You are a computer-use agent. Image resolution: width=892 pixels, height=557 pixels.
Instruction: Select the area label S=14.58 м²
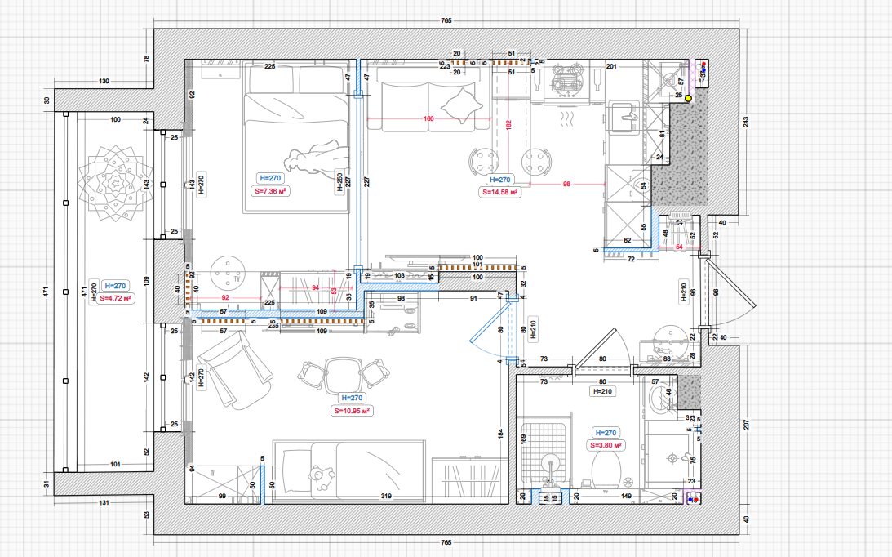tap(500, 193)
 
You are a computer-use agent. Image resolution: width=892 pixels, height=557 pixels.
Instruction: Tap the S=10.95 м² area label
tap(352, 411)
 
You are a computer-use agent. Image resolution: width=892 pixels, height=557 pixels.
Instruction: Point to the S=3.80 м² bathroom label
tap(607, 446)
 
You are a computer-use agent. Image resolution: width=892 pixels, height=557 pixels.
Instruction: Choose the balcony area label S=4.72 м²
tap(113, 299)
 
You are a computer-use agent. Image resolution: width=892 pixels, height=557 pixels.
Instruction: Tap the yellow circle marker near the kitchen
tap(688, 98)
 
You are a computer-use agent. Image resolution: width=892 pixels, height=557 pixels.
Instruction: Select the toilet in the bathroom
tap(605, 472)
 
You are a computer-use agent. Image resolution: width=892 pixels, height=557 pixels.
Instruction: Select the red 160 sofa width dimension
tap(429, 119)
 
